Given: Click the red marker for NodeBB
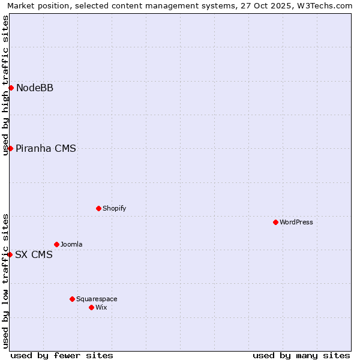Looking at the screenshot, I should (x=11, y=88).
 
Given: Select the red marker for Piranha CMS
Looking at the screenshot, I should (x=10, y=148).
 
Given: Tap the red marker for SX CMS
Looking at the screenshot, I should (x=10, y=254).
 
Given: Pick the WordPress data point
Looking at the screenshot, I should (x=275, y=222).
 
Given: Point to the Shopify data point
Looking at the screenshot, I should (x=98, y=208).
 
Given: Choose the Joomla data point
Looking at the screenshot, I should (x=56, y=244).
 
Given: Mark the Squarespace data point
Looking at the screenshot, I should (x=72, y=299).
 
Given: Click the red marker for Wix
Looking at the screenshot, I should (x=91, y=307).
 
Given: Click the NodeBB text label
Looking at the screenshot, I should (x=35, y=88).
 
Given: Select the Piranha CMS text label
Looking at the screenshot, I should (x=46, y=149).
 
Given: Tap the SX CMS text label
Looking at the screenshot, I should (x=34, y=255).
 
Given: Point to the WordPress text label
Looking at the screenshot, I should (x=296, y=223).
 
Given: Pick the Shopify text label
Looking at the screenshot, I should (x=115, y=209).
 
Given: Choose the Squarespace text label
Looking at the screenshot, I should (x=97, y=299).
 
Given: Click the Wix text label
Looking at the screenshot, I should (x=101, y=308).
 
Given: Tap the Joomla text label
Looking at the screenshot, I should (x=71, y=245).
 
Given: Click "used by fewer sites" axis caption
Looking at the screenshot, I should (x=62, y=355).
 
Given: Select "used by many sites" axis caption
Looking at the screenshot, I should (x=301, y=355).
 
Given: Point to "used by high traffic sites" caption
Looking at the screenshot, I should (x=6, y=85).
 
